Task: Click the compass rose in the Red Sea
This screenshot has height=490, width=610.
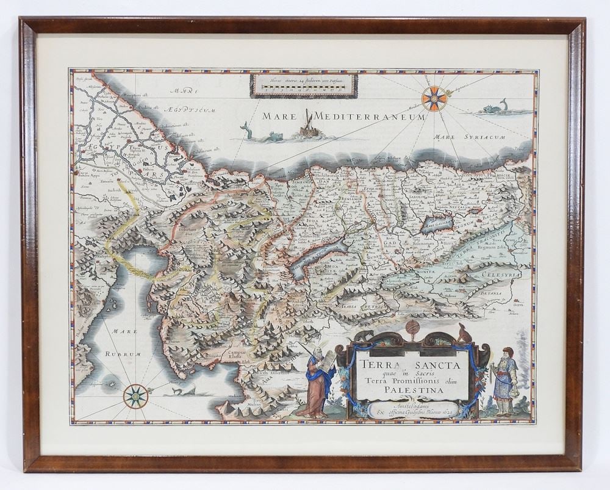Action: coord(135,396)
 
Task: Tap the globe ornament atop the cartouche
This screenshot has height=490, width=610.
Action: coord(412,327)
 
